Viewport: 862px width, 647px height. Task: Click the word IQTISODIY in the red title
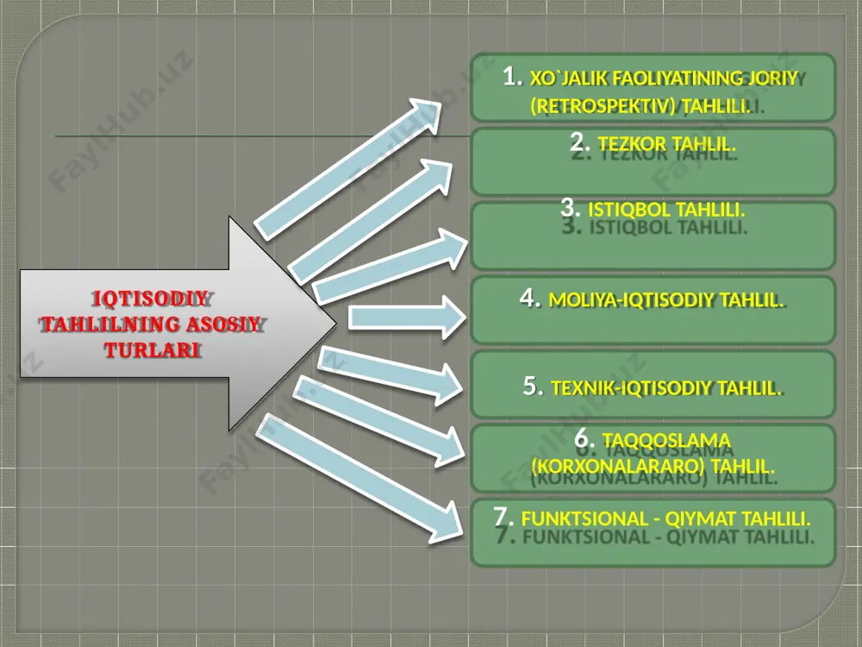pos(149,298)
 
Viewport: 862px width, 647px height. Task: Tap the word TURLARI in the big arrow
pos(152,350)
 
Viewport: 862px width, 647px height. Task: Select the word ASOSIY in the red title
pos(223,324)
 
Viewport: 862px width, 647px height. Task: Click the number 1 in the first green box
pos(512,76)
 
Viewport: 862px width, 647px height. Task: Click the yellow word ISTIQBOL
pos(629,210)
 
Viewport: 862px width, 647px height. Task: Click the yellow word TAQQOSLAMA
pos(666,441)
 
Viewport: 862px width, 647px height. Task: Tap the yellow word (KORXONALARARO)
pos(618,467)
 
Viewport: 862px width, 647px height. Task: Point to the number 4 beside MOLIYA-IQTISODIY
pos(529,298)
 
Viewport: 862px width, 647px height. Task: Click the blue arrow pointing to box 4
pos(408,317)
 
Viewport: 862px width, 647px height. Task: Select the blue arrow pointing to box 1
pos(347,169)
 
